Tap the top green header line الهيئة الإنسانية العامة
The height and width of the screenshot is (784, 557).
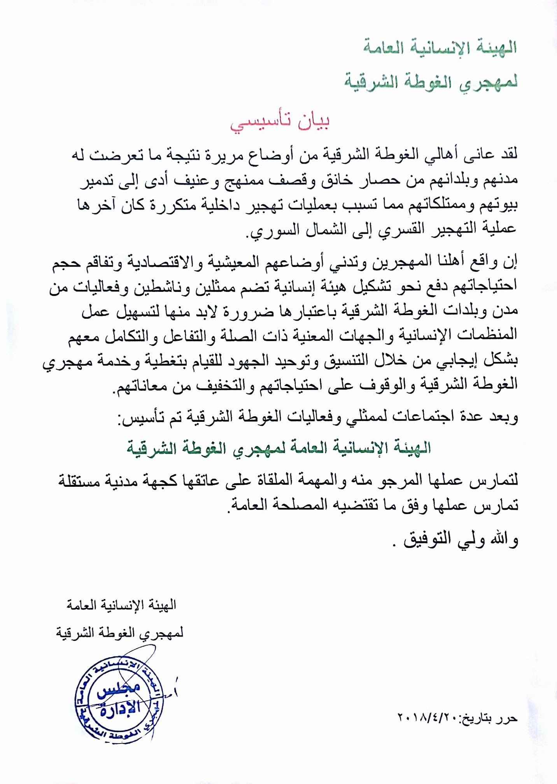point(440,47)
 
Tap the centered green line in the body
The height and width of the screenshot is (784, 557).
point(278,448)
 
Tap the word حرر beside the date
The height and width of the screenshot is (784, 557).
point(505,718)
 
